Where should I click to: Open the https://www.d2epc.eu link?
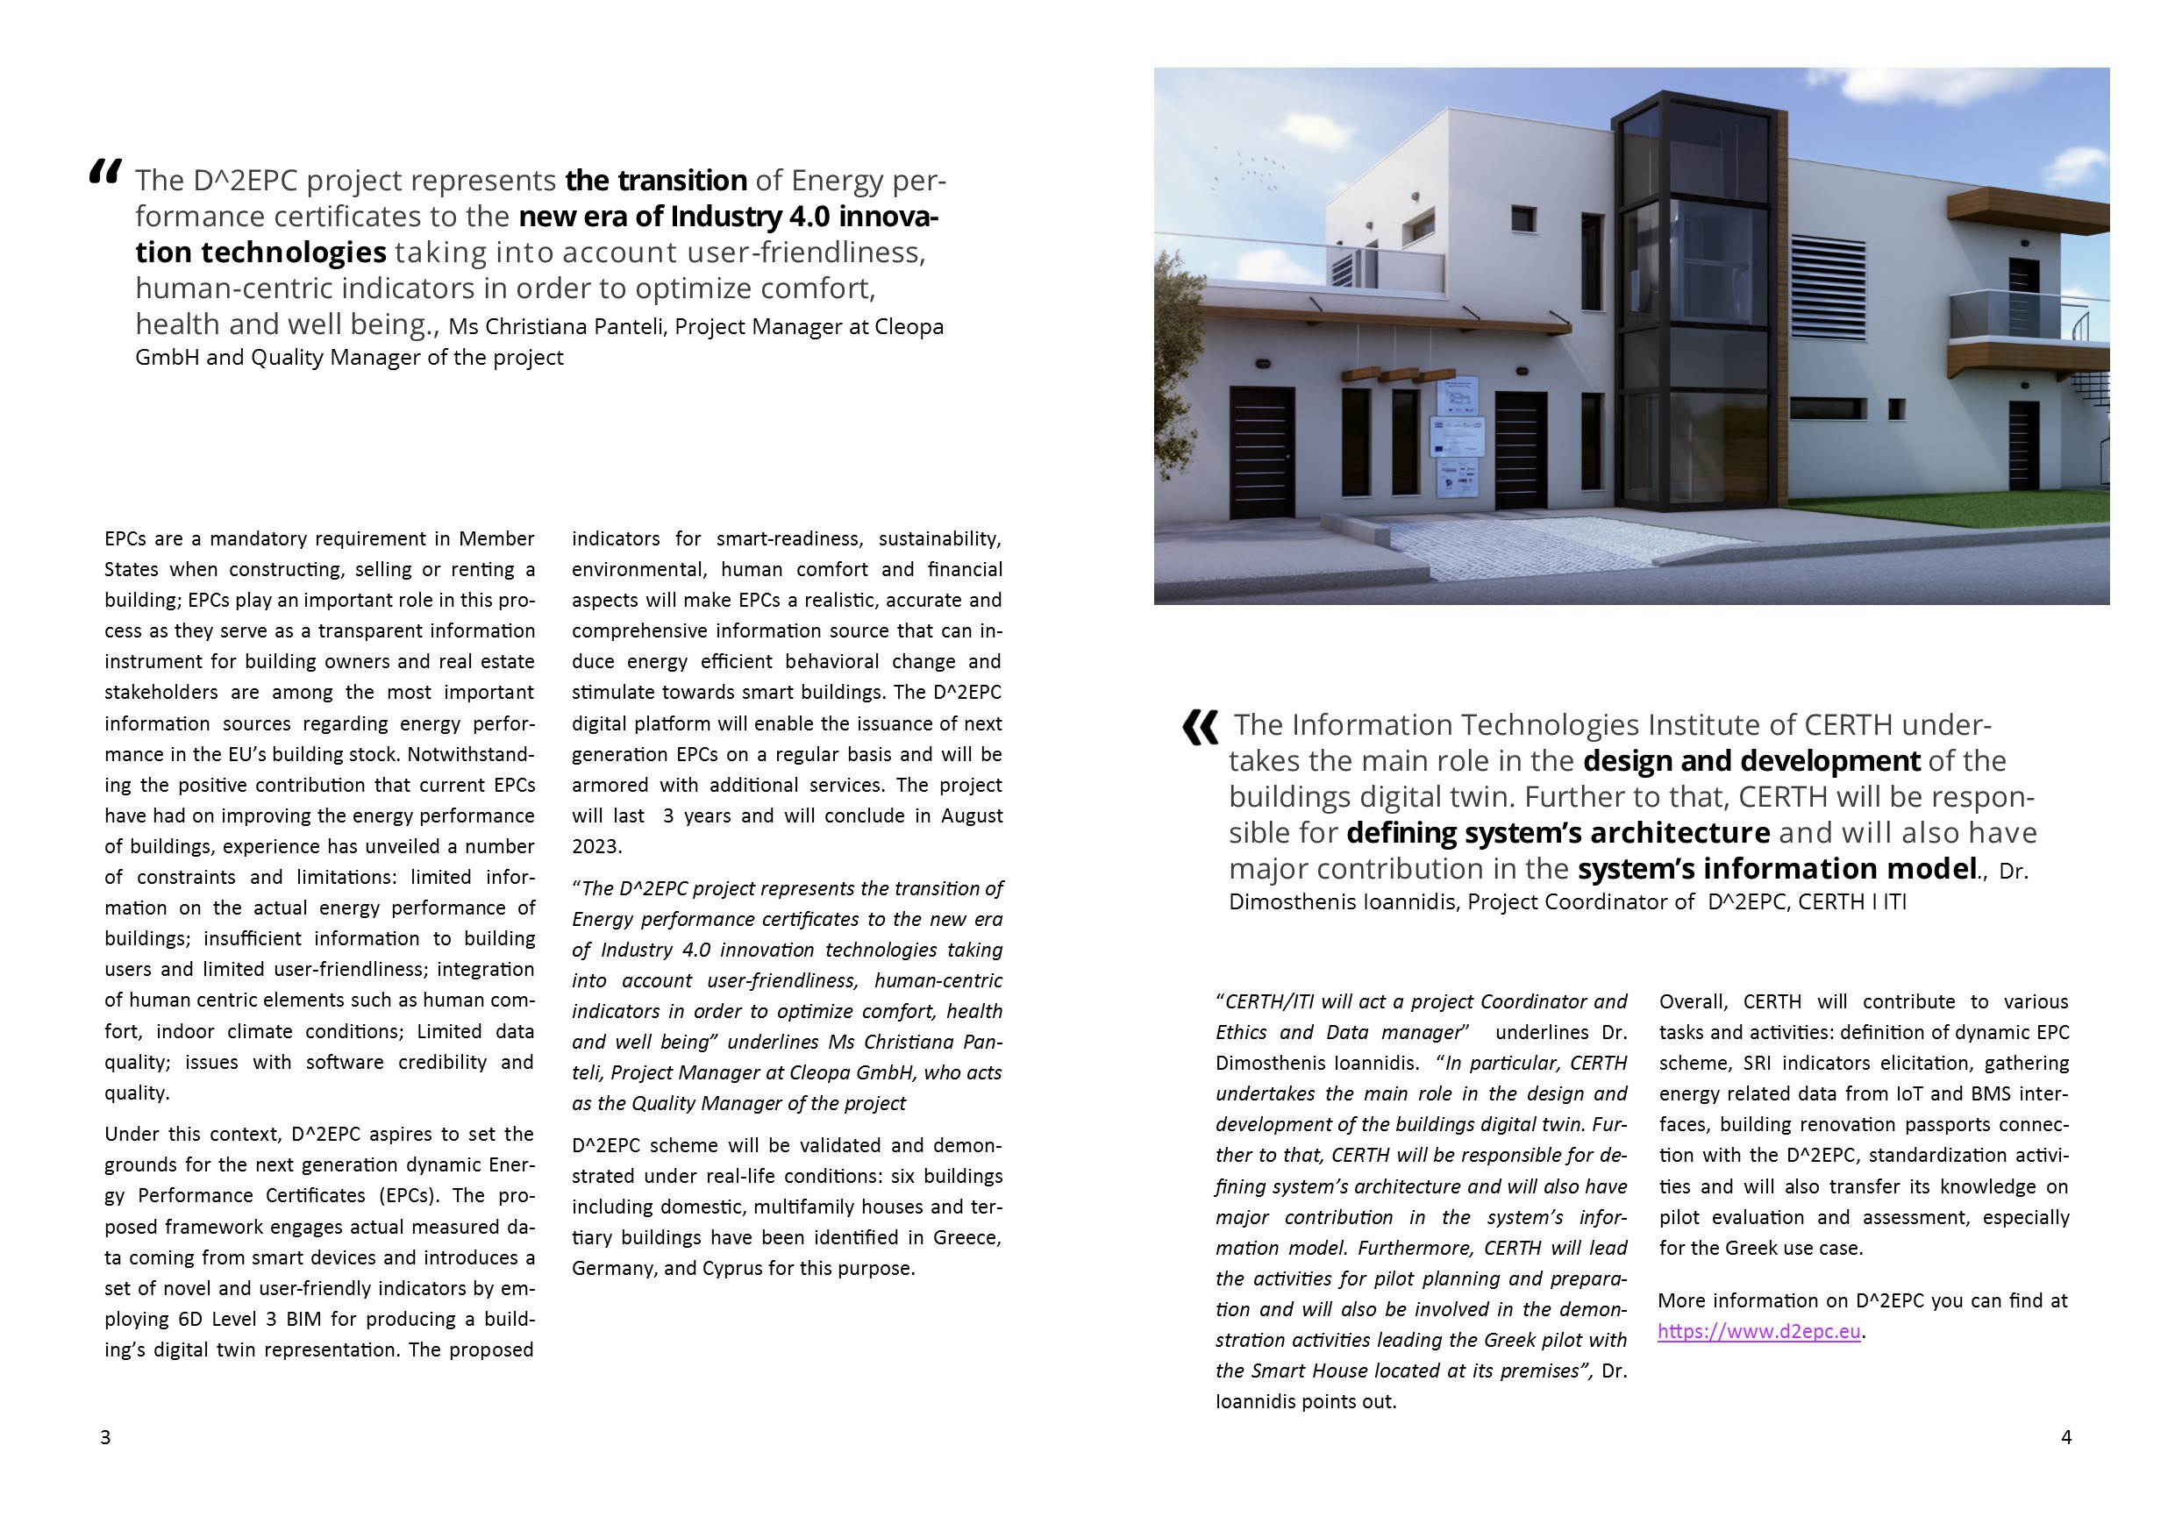(x=1759, y=1332)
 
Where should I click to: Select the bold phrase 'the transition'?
(x=655, y=180)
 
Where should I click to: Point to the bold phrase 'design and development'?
(x=1751, y=760)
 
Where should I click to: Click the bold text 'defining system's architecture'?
(x=1558, y=832)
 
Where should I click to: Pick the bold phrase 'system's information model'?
(x=1776, y=868)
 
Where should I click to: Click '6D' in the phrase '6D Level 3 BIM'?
(x=188, y=1320)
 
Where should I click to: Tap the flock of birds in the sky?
(x=1251, y=170)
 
